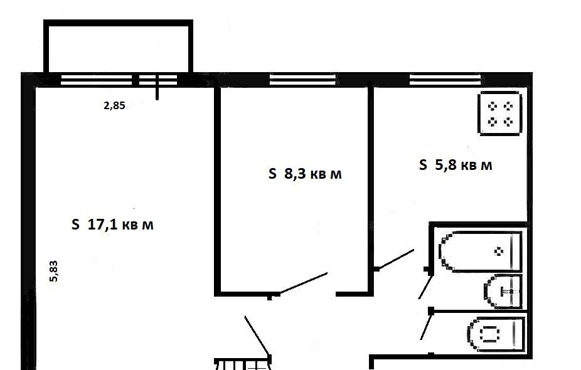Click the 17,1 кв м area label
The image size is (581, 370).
tap(112, 225)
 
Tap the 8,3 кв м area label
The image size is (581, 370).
tap(305, 173)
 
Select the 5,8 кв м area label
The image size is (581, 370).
tap(456, 164)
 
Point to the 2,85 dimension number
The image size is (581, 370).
tap(114, 105)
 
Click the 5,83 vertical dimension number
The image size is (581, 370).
tap(54, 272)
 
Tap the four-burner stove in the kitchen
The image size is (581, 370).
tap(500, 114)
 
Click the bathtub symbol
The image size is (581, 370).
tap(481, 251)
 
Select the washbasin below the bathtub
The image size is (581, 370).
tap(503, 292)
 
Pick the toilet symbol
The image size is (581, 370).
tap(496, 334)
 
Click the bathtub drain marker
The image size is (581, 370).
tap(499, 251)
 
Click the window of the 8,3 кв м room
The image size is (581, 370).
tap(302, 80)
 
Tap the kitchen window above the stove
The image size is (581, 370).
tap(445, 80)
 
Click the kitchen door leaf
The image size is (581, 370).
tap(395, 259)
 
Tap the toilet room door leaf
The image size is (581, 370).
tap(426, 325)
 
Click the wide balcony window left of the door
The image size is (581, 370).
tap(97, 80)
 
